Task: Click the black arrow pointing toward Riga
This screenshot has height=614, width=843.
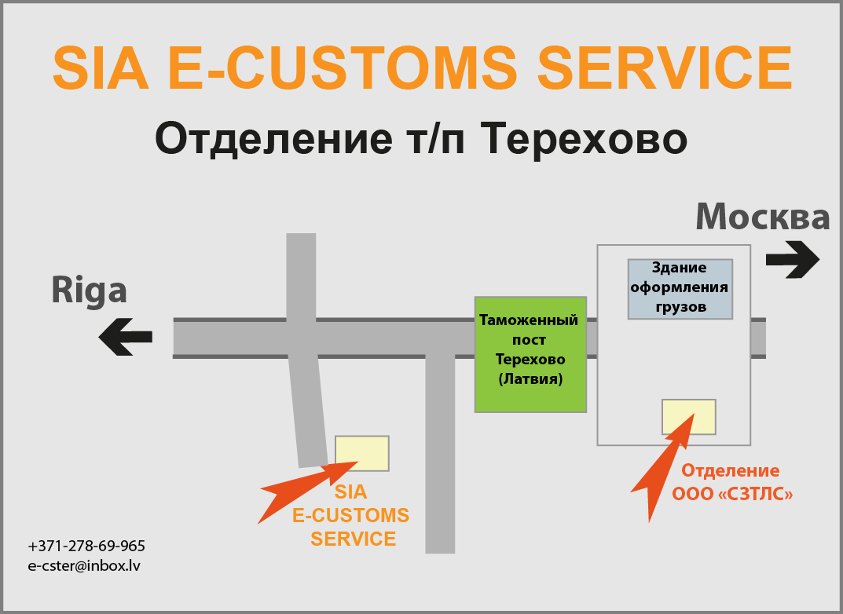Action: (x=125, y=337)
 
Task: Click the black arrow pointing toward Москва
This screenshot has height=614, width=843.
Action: (x=793, y=259)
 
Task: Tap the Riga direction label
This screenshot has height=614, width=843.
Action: (x=90, y=291)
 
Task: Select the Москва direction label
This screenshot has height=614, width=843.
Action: (x=763, y=217)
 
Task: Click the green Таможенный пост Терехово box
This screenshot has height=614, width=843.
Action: (x=530, y=354)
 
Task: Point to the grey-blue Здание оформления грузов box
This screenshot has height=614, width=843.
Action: (x=680, y=289)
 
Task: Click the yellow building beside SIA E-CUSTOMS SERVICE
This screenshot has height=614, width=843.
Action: (x=362, y=453)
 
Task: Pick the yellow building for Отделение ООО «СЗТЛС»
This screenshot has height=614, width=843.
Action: (x=689, y=417)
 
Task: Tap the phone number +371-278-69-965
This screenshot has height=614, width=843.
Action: (x=86, y=546)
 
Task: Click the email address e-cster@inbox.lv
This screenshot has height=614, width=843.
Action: (x=84, y=566)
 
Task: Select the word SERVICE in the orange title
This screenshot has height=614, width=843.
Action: (x=665, y=68)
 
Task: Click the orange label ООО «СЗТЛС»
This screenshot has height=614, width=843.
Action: (x=732, y=494)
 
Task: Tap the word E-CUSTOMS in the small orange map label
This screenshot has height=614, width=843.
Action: (x=350, y=516)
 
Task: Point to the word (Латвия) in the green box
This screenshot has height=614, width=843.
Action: (x=530, y=379)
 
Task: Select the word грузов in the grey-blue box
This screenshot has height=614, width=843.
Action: (x=680, y=308)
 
